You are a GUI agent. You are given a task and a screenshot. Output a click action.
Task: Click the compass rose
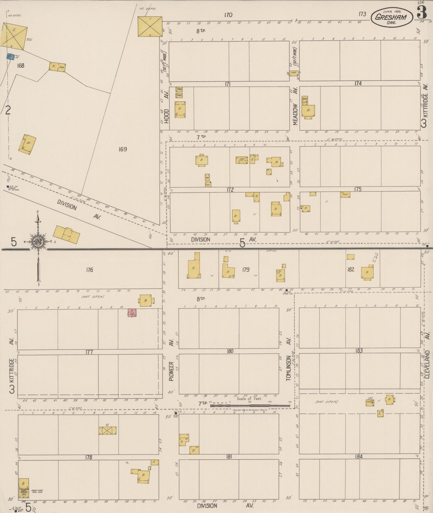click(x=38, y=242)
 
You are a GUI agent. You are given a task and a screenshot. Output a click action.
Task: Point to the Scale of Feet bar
click(x=250, y=406)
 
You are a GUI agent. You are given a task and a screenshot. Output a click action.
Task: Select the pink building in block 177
click(x=132, y=313)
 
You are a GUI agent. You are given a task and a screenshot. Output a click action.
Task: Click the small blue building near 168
click(x=11, y=56)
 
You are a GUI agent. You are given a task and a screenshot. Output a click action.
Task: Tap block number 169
click(x=123, y=149)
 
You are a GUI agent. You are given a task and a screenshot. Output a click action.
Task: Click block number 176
click(x=89, y=270)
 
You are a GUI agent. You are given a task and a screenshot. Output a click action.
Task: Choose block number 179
click(x=246, y=270)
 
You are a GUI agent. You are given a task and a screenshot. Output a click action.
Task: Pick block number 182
click(x=351, y=269)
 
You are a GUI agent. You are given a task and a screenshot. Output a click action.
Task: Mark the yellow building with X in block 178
click(x=108, y=430)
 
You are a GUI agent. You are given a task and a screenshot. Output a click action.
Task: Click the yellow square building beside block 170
click(x=150, y=26)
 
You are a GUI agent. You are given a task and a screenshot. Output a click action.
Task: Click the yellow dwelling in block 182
click(x=367, y=273)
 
